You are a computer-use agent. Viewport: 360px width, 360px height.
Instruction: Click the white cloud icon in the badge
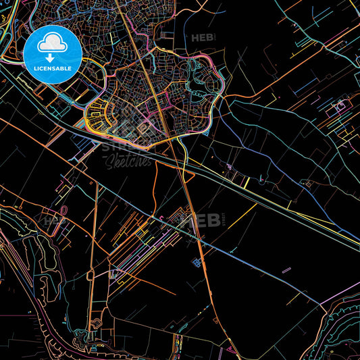pyautogui.click(x=52, y=45)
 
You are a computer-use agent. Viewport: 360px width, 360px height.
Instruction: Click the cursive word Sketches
pyautogui.click(x=127, y=160)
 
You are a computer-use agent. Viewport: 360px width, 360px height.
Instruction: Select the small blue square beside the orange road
pyautogui.click(x=198, y=263)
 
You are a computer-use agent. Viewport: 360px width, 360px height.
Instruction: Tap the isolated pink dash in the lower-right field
pyautogui.click(x=286, y=269)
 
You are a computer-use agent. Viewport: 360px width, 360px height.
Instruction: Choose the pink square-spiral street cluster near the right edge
pyautogui.click(x=340, y=106)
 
